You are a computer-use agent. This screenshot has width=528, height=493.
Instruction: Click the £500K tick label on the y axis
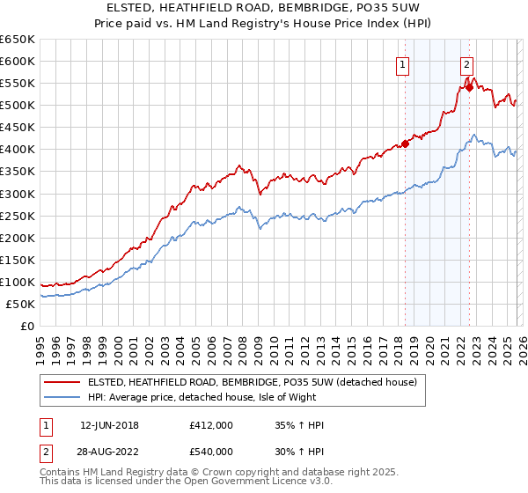(18, 106)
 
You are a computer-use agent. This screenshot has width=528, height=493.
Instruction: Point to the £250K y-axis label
(18, 216)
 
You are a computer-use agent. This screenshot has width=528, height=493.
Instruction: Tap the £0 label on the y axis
(26, 326)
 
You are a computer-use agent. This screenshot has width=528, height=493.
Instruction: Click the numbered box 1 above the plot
(402, 63)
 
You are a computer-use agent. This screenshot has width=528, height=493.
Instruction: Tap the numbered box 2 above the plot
(466, 63)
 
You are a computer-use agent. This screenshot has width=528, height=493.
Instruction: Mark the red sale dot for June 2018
(405, 143)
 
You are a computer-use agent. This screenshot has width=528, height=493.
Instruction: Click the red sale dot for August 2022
(470, 87)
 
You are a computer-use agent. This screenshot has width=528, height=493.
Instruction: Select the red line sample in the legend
(62, 381)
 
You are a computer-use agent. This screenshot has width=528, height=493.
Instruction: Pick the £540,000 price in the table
(211, 452)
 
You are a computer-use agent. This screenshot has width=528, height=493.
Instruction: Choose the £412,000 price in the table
(211, 425)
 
